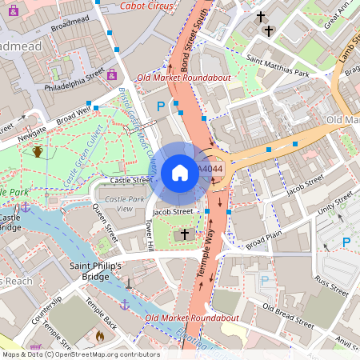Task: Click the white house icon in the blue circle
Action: point(180,172)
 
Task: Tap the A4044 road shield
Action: point(210,170)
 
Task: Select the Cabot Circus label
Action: point(146,6)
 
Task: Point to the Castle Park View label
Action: point(114,203)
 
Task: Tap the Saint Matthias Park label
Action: point(278,66)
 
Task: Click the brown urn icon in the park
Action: point(38,151)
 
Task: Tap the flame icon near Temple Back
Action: point(100,337)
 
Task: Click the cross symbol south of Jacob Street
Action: point(186,234)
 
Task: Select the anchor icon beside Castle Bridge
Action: point(26,206)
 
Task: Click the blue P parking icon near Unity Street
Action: point(346,242)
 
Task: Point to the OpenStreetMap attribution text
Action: point(80,354)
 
